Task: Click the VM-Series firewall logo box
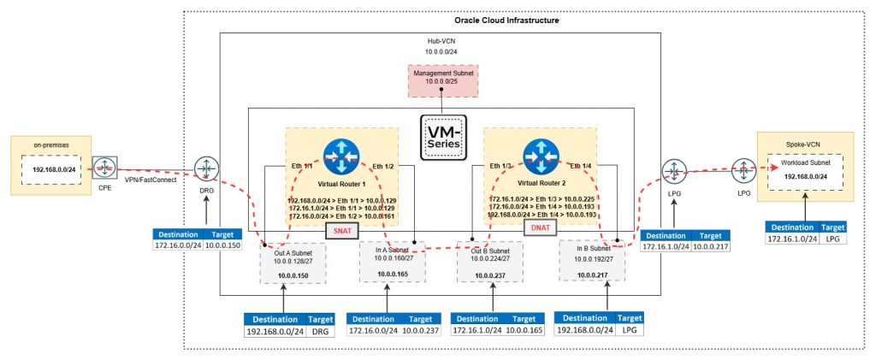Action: point(441,136)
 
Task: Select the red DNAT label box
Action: point(540,227)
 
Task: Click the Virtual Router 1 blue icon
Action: point(341,156)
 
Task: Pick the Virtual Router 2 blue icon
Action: point(540,156)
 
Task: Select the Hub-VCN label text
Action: point(441,41)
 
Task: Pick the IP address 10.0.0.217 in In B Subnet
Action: point(593,274)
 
